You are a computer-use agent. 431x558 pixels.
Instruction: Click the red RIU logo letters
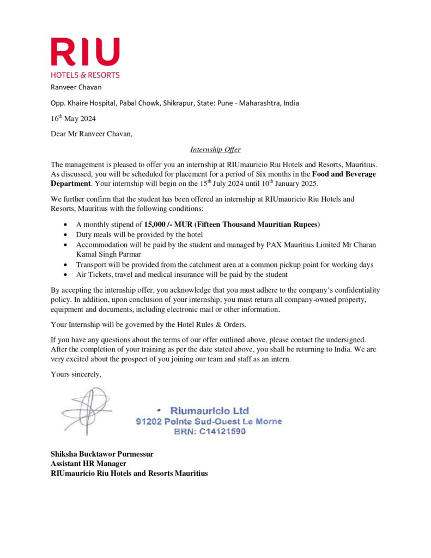(85, 52)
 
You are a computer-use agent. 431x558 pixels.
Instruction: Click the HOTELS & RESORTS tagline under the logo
(85, 75)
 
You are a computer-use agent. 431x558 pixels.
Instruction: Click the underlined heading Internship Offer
(215, 150)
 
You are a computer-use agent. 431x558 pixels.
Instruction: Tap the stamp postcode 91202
(148, 421)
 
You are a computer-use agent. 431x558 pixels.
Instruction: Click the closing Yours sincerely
(76, 374)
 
